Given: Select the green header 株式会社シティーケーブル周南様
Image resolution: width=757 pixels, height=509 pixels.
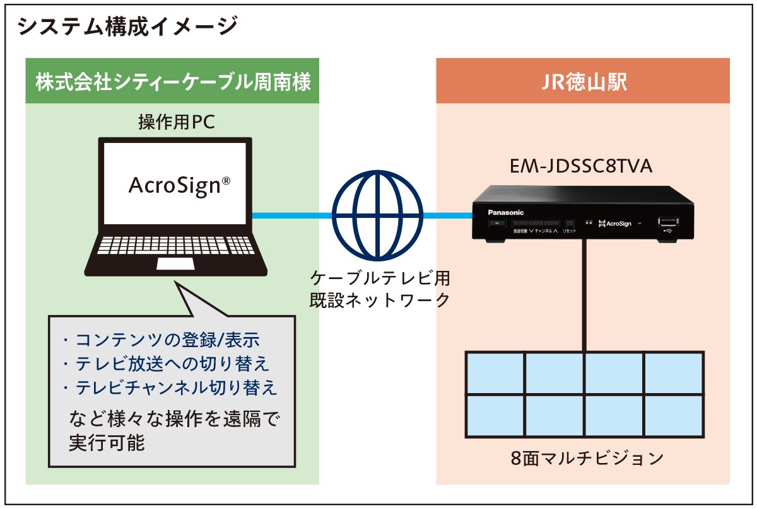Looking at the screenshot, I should (172, 82).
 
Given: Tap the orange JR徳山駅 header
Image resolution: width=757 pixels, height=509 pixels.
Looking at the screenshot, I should (582, 82).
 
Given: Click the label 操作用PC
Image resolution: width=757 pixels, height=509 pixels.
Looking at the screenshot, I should (177, 122).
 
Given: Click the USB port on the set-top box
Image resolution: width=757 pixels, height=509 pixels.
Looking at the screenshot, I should (667, 222).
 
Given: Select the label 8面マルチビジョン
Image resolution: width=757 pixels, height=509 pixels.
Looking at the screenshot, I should (587, 457).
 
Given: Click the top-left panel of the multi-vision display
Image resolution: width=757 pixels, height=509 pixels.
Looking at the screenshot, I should (496, 372).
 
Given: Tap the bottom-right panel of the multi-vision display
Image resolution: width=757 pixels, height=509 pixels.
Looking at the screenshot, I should (673, 416).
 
